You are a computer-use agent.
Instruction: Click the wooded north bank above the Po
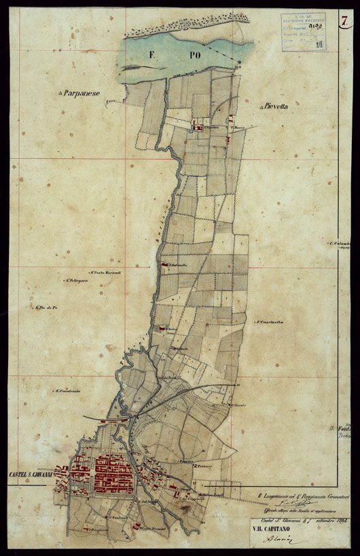183,27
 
